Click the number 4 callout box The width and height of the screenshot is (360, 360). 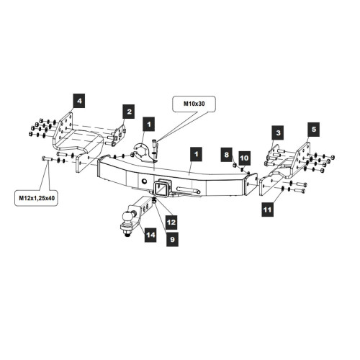coord(79,101)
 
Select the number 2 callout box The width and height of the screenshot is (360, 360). coord(129,112)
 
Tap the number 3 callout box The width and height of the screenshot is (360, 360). coord(278,132)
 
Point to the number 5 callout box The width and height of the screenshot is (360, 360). coord(314,130)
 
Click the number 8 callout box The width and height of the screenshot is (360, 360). coord(227,155)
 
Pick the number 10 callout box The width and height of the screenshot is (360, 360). coord(244,158)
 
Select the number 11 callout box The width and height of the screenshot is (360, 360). coord(267,210)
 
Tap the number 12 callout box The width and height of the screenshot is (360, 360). coord(171,222)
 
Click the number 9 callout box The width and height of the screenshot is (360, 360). coord(173,239)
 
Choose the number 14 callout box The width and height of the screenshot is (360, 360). coord(150,235)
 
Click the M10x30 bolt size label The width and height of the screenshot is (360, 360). coord(194,104)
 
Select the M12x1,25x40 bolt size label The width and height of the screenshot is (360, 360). coord(37,198)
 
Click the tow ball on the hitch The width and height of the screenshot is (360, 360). coord(128,217)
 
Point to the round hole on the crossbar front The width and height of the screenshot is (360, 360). coord(144,181)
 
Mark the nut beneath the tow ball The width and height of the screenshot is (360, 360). coord(127,233)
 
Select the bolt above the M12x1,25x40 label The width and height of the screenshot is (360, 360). coord(48,158)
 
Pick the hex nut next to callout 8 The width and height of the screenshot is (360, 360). coord(235,165)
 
